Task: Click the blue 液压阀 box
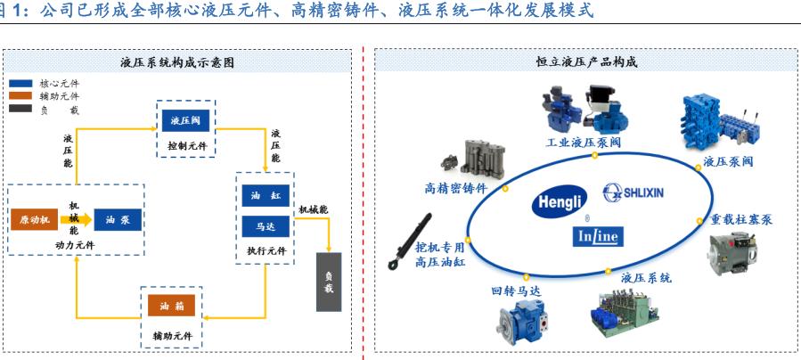[x=185, y=120]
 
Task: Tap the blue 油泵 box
[x=118, y=220]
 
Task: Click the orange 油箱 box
[x=171, y=307]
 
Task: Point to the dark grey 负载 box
[x=329, y=282]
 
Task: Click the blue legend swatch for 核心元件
[x=20, y=83]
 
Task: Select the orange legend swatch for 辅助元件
[x=20, y=95]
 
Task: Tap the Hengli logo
[x=560, y=203]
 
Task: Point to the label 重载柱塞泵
[x=741, y=219]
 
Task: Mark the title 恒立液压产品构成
[x=585, y=63]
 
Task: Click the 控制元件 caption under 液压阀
[x=185, y=143]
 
